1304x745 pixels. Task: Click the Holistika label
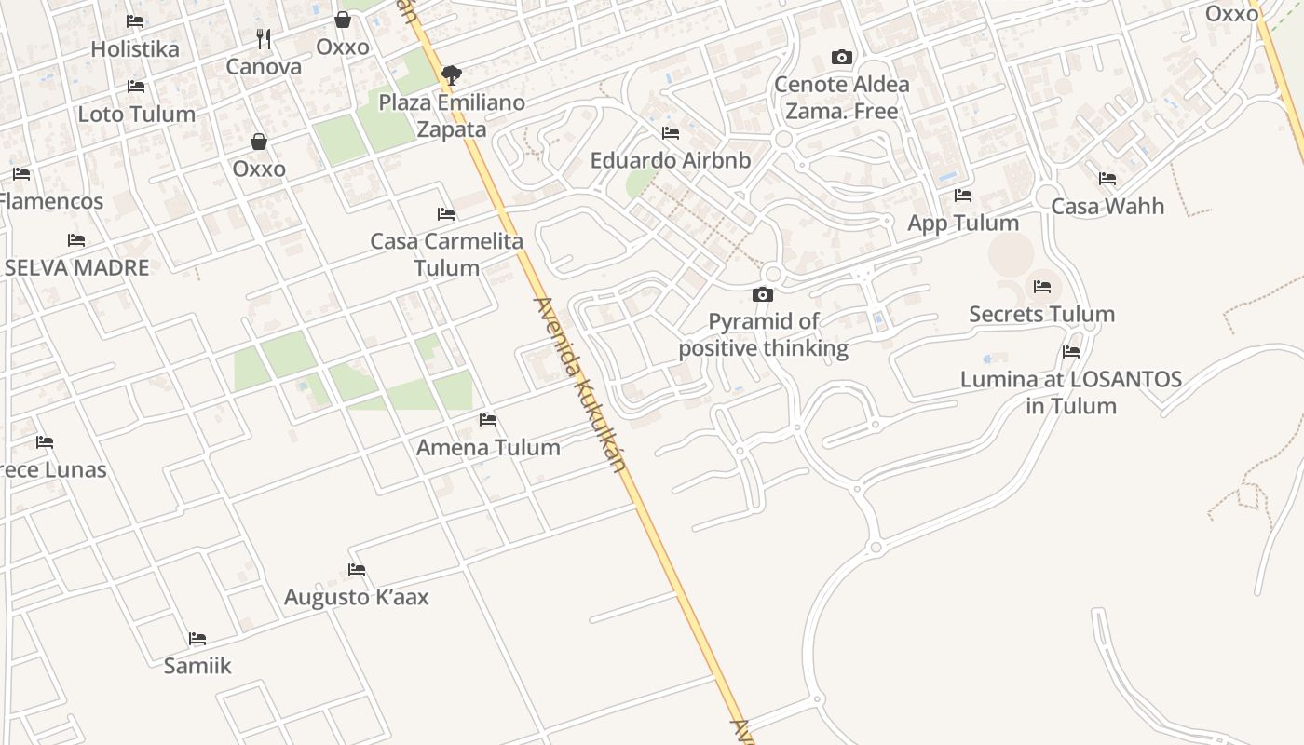pos(135,48)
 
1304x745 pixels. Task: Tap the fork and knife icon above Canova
pos(264,38)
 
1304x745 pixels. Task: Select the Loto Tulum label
pos(136,114)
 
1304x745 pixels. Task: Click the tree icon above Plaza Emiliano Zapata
pos(452,74)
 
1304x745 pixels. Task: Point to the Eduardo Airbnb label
pos(670,160)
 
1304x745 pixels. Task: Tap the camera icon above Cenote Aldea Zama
pos(841,58)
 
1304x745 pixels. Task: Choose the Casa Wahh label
pos(1107,206)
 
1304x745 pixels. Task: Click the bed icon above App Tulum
pos(963,196)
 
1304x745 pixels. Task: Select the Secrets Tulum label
pos(1041,314)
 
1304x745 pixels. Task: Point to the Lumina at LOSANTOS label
pos(1071,392)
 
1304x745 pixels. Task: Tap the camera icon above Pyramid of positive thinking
pos(763,295)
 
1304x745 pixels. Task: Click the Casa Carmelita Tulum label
pos(447,254)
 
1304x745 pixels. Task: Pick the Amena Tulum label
pos(488,447)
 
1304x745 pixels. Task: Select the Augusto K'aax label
pos(357,597)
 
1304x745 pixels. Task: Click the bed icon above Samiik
pos(197,639)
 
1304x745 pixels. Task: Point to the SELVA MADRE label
pos(76,267)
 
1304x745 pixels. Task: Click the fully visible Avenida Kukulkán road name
pos(578,384)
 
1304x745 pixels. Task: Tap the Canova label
pos(264,66)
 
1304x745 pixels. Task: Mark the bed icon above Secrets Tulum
pos(1041,287)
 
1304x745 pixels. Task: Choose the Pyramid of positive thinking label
pos(763,335)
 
